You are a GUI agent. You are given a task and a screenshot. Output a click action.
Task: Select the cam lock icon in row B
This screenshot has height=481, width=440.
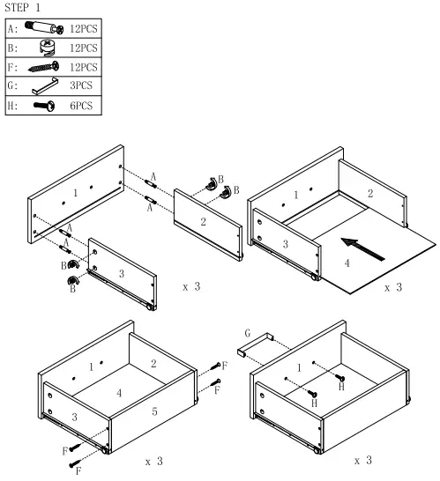(45, 48)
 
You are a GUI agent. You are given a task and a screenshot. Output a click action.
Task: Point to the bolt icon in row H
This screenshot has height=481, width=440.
(42, 106)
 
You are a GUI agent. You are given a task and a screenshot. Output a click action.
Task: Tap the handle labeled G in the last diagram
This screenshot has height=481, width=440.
(257, 345)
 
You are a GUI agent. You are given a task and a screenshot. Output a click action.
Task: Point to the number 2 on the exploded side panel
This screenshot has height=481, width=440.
(203, 221)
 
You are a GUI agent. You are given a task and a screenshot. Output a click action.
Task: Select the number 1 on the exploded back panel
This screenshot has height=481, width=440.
(76, 191)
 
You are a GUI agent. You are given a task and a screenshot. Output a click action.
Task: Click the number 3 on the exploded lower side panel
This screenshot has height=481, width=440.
(122, 274)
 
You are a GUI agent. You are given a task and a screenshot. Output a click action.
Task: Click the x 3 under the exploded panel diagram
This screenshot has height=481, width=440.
(190, 287)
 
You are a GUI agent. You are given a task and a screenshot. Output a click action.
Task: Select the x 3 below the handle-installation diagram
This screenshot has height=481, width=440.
(362, 461)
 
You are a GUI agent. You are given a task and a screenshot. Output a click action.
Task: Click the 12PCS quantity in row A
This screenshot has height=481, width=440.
(83, 28)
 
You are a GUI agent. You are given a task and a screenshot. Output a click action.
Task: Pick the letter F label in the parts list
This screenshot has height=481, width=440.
(11, 67)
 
